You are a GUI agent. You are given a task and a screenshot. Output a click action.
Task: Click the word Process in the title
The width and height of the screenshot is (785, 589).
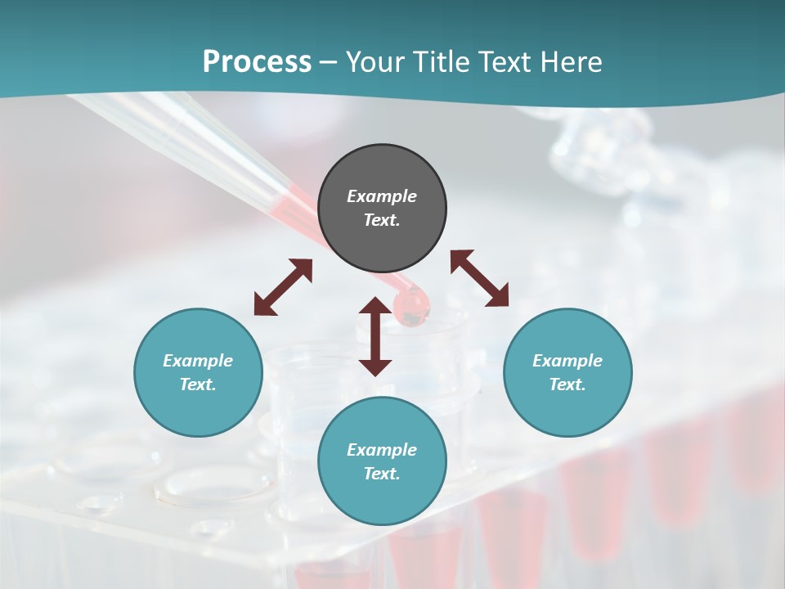pyautogui.click(x=257, y=62)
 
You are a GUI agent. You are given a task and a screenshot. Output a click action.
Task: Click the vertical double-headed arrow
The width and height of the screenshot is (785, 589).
pyautogui.click(x=375, y=336)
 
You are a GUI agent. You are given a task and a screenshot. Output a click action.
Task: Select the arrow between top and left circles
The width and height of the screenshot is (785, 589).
pyautogui.click(x=283, y=287)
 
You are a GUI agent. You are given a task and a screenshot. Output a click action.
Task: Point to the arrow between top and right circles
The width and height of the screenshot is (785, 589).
pyautogui.click(x=479, y=278)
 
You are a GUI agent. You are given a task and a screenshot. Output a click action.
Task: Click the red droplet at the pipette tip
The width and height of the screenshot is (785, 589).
pyautogui.click(x=411, y=308)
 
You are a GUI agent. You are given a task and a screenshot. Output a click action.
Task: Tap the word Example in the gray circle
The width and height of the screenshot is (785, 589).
pyautogui.click(x=382, y=196)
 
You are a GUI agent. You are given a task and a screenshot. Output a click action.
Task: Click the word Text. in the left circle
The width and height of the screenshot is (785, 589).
pyautogui.click(x=198, y=384)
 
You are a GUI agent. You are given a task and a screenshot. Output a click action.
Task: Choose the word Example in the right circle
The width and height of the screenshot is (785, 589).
pyautogui.click(x=567, y=361)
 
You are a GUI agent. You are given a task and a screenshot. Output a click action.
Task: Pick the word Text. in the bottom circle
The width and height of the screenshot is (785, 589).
pyautogui.click(x=382, y=474)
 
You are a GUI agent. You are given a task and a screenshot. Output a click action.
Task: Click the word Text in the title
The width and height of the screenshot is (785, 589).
pyautogui.click(x=504, y=62)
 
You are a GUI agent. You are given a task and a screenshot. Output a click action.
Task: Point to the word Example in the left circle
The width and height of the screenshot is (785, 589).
pyautogui.click(x=198, y=361)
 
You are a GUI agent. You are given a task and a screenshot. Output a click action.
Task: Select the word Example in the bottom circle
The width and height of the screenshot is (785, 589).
pyautogui.click(x=382, y=450)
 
